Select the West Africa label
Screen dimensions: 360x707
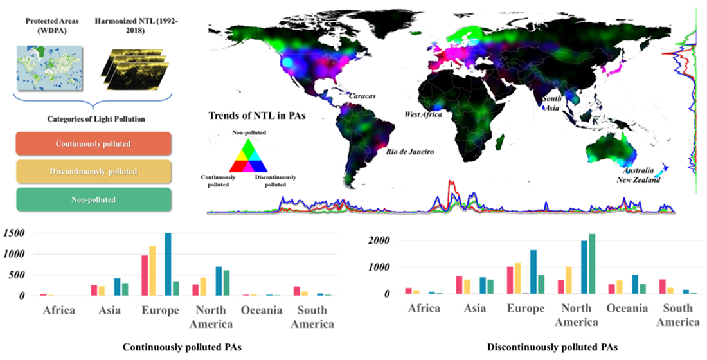[422, 114]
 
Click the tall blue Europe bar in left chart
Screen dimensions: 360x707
[168, 264]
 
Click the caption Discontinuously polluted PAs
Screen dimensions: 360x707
[552, 347]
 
